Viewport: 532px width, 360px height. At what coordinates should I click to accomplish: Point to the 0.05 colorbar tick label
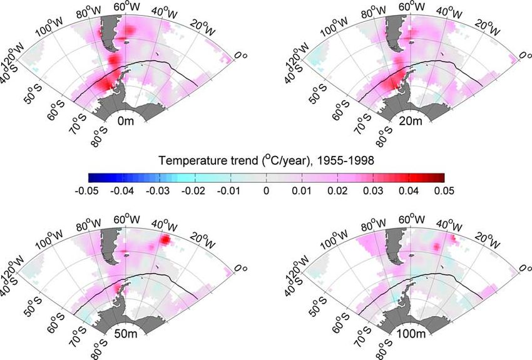pos(444,189)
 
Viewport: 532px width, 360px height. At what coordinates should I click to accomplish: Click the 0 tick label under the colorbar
pos(266,189)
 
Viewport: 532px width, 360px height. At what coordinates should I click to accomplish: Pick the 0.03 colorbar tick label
pos(373,189)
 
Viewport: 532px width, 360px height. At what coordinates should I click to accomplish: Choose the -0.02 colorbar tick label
pos(195,189)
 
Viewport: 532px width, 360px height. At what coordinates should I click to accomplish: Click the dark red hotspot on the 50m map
pos(166,239)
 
